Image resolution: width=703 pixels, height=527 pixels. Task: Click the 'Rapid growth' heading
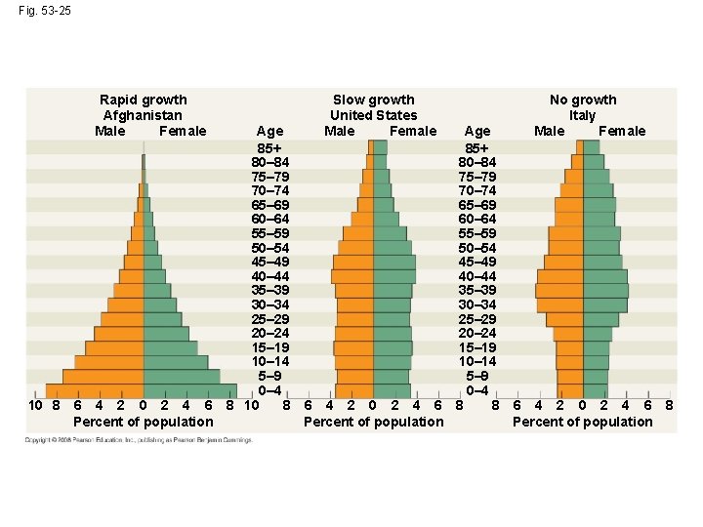click(x=144, y=100)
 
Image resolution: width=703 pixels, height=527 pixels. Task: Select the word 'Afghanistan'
click(x=144, y=115)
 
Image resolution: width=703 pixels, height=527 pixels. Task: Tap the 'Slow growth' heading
click(x=373, y=100)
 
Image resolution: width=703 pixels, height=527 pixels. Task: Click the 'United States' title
click(x=373, y=115)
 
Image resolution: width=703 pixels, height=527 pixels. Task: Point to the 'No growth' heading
click(x=583, y=100)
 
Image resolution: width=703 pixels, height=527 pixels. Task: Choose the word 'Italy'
click(x=583, y=115)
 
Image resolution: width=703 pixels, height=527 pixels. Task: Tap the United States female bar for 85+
click(x=380, y=147)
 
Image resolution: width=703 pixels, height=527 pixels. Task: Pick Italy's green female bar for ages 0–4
click(x=595, y=391)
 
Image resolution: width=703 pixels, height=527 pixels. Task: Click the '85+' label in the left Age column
click(x=269, y=147)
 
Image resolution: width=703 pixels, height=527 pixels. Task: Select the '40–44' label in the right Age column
click(x=478, y=276)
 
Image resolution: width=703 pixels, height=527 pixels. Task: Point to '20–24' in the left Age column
click(x=269, y=334)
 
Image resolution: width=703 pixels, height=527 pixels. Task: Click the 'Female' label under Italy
click(x=622, y=131)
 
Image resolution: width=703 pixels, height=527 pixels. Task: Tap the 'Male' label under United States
click(x=340, y=131)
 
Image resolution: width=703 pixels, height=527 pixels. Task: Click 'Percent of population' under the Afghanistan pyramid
click(x=144, y=422)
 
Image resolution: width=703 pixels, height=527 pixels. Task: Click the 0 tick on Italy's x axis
click(x=583, y=405)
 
